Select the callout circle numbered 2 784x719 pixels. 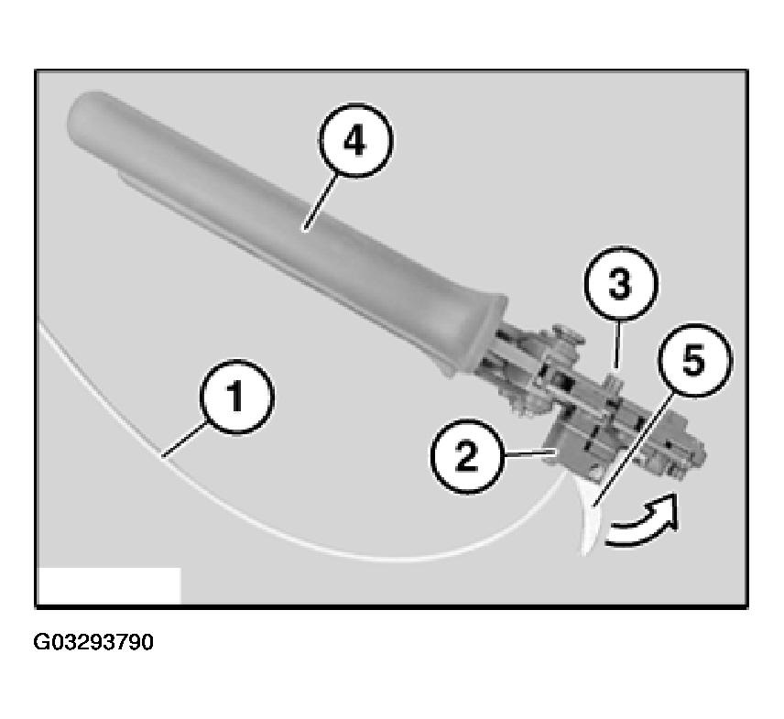[467, 455]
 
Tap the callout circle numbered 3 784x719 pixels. [620, 286]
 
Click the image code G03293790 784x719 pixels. [94, 642]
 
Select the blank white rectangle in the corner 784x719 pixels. [109, 585]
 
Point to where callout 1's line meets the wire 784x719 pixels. [163, 455]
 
